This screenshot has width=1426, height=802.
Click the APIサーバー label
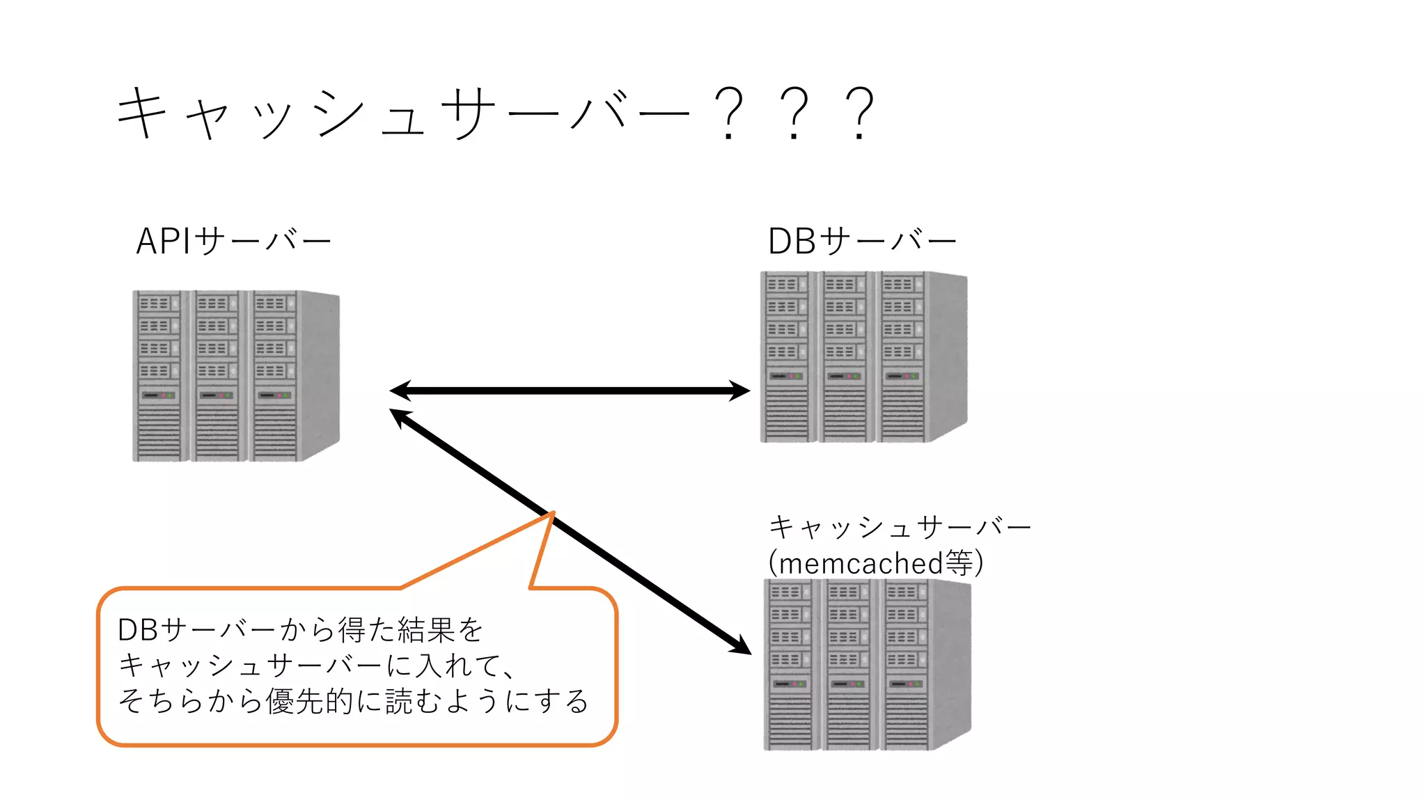pyautogui.click(x=233, y=242)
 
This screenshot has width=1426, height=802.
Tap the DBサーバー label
pyautogui.click(x=862, y=242)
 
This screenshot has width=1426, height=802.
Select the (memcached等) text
pyautogui.click(x=876, y=563)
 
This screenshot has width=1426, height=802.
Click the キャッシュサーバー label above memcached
pyautogui.click(x=899, y=527)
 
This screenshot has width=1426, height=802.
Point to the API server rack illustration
pyautogui.click(x=235, y=376)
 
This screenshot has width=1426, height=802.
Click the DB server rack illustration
pyautogui.click(x=863, y=357)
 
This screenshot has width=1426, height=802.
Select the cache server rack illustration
pyautogui.click(x=867, y=665)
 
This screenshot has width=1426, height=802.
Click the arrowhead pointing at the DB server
pyautogui.click(x=739, y=391)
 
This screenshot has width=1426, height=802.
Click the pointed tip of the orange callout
pyautogui.click(x=552, y=514)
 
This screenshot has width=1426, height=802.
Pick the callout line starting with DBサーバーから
pyautogui.click(x=300, y=630)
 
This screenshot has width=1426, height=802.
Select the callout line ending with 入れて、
pyautogui.click(x=317, y=666)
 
